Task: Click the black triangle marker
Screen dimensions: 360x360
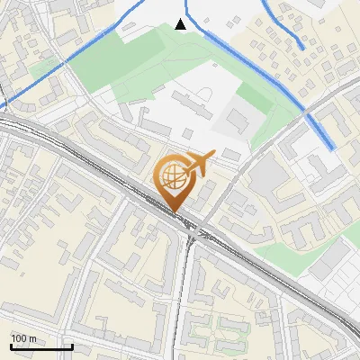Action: point(181,24)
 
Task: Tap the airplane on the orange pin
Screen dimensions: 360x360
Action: point(199,163)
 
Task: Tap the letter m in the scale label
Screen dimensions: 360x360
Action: point(32,338)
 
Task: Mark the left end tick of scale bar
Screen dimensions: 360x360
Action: point(12,346)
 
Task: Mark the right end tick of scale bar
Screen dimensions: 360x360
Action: point(72,346)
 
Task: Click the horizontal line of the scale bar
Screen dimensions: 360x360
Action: point(41,347)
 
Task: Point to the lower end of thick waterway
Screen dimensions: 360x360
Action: point(333,147)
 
